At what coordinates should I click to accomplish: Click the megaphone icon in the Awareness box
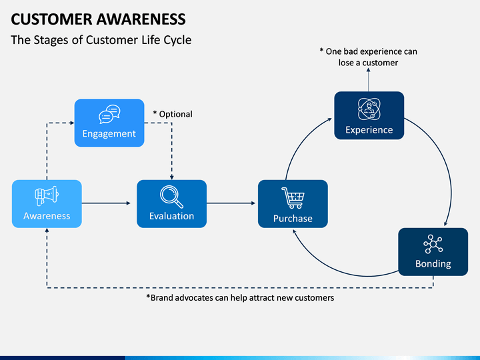tap(47, 195)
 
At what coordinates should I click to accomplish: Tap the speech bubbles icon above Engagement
tap(109, 114)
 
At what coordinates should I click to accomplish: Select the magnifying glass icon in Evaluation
tap(172, 197)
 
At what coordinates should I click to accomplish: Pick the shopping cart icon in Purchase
tap(293, 198)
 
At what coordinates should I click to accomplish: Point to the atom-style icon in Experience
tap(369, 109)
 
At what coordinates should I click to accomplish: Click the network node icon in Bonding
tap(433, 244)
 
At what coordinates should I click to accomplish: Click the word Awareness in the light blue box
tap(47, 216)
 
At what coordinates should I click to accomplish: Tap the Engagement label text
tap(109, 134)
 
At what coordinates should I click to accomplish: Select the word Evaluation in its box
tap(172, 216)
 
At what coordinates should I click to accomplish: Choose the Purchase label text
tap(293, 219)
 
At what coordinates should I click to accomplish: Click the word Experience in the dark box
tap(369, 130)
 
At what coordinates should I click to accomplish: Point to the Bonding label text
tap(433, 264)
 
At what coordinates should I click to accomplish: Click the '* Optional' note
tap(173, 114)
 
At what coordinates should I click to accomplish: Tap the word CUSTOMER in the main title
tap(51, 19)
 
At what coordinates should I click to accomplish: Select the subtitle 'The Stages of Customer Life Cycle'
tap(101, 40)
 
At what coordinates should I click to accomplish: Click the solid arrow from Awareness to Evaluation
tap(106, 203)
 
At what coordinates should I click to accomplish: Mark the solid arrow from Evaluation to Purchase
tap(231, 203)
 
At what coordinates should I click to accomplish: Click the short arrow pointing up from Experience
tap(368, 79)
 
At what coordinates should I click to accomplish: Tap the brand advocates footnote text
tap(240, 298)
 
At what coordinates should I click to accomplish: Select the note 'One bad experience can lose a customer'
tap(368, 57)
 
